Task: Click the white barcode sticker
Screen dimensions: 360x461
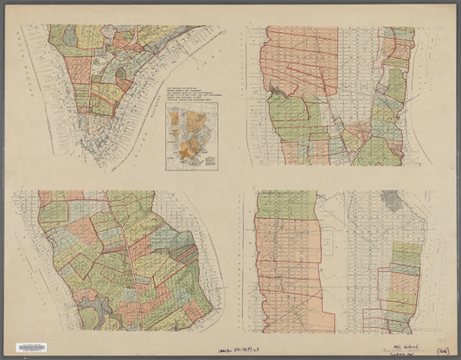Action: tap(31, 347)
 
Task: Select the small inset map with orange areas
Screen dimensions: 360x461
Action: tap(192, 136)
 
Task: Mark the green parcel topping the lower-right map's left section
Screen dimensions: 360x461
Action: tap(285, 204)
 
